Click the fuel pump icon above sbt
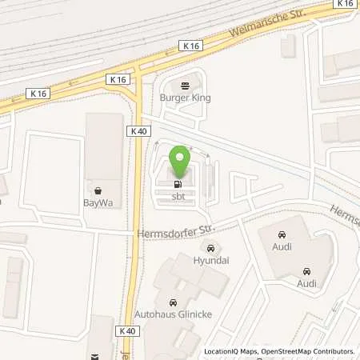click(x=178, y=184)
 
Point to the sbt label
click(x=178, y=195)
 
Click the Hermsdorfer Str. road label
click(x=166, y=232)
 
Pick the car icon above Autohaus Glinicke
click(x=174, y=302)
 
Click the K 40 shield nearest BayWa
click(x=137, y=130)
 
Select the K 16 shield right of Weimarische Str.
click(x=345, y=5)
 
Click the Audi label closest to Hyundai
click(x=281, y=247)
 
